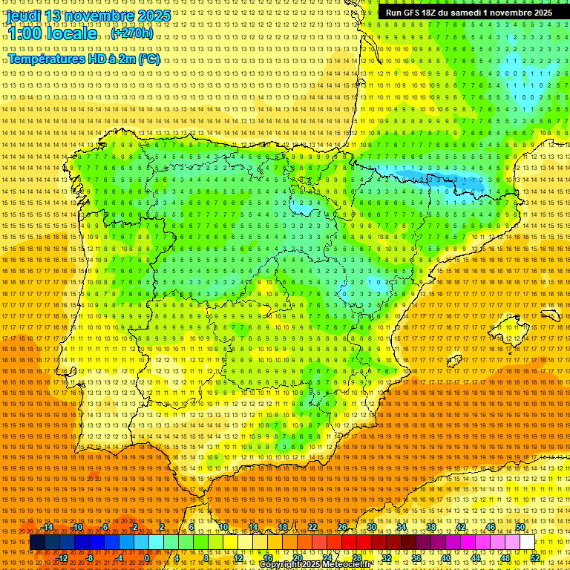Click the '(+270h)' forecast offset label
click(132, 33)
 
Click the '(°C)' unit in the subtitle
click(148, 59)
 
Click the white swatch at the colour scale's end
click(528, 543)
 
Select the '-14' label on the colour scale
click(47, 527)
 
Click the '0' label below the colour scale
click(148, 557)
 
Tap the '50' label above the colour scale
click(520, 527)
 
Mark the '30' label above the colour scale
click(371, 527)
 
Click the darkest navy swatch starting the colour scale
click(37, 543)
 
